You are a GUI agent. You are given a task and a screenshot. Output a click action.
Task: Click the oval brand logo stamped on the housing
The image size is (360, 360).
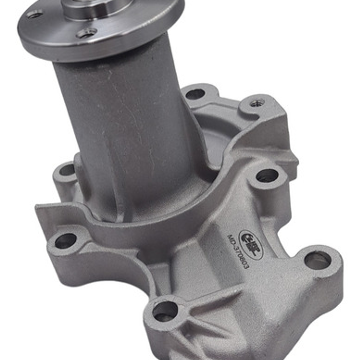251,245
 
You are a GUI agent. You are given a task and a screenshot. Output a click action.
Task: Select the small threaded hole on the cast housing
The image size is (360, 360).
257,103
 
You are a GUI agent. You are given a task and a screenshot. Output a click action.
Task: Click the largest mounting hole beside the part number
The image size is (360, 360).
317,260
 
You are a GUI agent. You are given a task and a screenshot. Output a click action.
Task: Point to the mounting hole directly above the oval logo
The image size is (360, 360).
267,175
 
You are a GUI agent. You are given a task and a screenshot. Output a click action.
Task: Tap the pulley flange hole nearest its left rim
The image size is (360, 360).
35,14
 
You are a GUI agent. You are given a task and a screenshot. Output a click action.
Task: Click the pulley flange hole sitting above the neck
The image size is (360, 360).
86,33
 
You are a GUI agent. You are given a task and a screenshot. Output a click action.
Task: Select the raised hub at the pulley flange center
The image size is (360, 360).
97,7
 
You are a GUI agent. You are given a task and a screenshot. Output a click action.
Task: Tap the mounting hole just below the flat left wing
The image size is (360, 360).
65,241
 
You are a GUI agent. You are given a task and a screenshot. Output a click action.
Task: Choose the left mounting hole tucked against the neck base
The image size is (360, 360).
67,170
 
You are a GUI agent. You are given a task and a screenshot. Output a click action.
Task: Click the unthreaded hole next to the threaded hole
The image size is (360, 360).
195,94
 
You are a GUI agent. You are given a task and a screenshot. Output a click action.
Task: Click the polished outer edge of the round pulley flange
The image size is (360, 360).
100,50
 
